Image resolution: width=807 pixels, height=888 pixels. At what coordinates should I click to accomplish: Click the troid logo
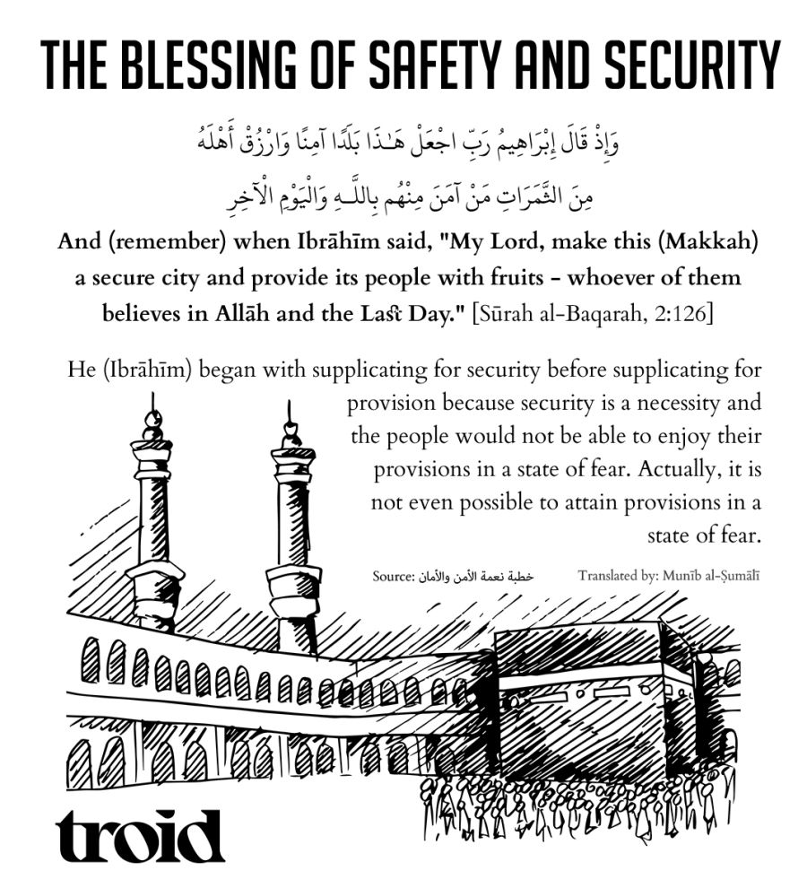[140, 836]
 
